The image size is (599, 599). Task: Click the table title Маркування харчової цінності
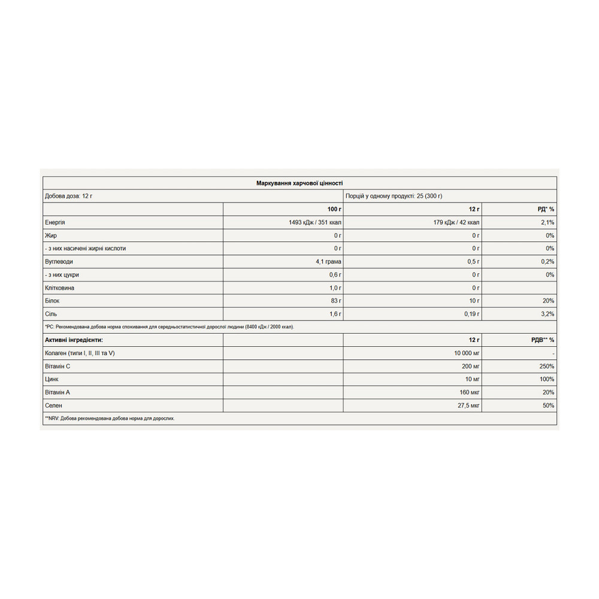(x=299, y=183)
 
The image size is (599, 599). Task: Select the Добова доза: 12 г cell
(x=69, y=196)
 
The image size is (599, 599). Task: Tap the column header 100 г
(x=334, y=209)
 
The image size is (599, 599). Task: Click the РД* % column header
(x=546, y=209)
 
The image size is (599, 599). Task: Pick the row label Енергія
(x=55, y=222)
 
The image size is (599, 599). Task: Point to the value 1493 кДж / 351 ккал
(x=315, y=222)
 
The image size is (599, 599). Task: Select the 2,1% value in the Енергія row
(x=547, y=222)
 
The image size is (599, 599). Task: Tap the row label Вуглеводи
(x=59, y=262)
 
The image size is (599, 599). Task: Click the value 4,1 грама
(x=328, y=262)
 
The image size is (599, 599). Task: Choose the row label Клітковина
(x=60, y=288)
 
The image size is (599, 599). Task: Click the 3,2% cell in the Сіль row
(x=547, y=314)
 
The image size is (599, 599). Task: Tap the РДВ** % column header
(x=543, y=340)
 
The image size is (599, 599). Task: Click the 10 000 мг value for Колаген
(x=467, y=353)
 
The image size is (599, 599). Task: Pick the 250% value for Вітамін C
(x=546, y=366)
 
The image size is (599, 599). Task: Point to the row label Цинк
(x=52, y=379)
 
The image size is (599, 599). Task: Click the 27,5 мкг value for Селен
(x=468, y=406)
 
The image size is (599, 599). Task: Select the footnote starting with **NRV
(x=110, y=419)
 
